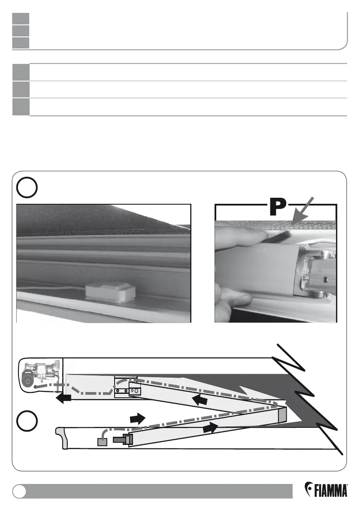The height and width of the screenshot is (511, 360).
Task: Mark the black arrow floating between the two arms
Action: click(137, 417)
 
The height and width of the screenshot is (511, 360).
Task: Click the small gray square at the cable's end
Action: click(102, 441)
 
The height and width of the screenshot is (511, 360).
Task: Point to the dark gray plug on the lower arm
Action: click(122, 439)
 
